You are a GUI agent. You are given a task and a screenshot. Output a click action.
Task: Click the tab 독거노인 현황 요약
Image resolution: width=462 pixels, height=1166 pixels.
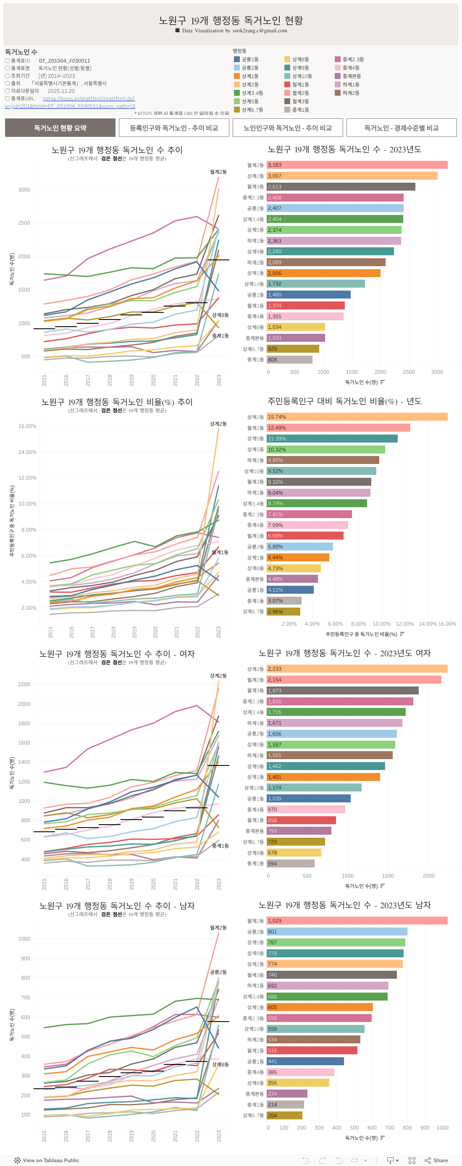click(x=60, y=128)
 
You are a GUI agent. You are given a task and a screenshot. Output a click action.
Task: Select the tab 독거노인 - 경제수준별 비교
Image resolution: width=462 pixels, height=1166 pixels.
click(x=401, y=128)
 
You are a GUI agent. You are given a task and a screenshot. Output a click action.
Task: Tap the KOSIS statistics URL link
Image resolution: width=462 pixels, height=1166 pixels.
click(x=89, y=99)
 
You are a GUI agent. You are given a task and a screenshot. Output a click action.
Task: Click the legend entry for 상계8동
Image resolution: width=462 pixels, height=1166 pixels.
click(x=300, y=59)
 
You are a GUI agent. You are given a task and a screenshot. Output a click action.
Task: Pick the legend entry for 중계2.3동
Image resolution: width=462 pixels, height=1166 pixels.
click(x=352, y=59)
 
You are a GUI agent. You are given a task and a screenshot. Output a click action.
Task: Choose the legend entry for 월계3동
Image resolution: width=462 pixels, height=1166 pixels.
click(x=300, y=101)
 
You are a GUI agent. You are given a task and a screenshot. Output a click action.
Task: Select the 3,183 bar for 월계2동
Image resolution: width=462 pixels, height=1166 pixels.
click(x=357, y=165)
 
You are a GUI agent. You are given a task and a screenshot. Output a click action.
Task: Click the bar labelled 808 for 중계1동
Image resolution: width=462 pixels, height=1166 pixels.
click(x=289, y=360)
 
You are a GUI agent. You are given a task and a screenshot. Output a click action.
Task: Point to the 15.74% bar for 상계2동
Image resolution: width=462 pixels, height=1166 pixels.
click(x=357, y=417)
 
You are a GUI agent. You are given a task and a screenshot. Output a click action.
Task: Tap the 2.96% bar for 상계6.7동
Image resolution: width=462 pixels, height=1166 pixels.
click(x=283, y=611)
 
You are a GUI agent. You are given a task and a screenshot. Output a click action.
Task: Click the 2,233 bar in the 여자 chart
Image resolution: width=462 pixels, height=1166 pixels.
click(x=357, y=669)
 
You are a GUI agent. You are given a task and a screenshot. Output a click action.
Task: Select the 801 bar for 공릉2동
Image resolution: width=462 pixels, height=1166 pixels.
click(x=336, y=932)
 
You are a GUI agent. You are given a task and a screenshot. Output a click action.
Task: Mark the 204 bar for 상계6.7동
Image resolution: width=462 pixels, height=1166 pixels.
click(x=284, y=1115)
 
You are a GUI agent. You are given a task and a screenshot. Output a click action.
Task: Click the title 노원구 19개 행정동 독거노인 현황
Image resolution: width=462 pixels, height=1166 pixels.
click(x=231, y=21)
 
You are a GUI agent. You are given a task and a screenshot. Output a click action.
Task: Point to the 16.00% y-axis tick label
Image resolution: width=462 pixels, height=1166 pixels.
click(x=27, y=426)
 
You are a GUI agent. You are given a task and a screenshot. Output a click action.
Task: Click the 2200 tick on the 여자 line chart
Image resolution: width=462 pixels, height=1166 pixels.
click(x=24, y=684)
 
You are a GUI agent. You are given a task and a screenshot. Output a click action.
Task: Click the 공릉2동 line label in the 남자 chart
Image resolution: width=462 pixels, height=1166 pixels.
click(x=218, y=972)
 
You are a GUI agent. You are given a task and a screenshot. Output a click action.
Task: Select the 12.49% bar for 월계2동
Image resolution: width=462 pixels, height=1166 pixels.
click(x=338, y=428)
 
